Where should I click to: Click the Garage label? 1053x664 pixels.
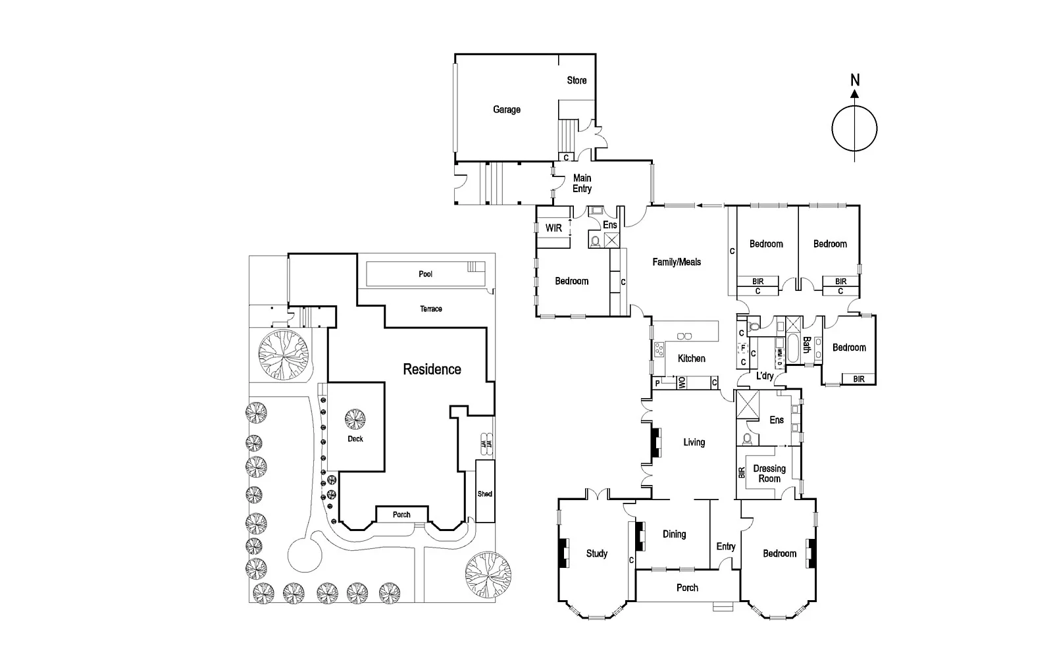[506, 110]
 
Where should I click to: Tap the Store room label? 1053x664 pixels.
[577, 80]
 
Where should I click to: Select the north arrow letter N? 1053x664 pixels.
[854, 80]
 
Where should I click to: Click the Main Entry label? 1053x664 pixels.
[582, 184]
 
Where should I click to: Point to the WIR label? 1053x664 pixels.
[553, 228]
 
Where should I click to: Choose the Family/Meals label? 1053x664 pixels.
[677, 262]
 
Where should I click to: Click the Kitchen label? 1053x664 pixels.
[691, 359]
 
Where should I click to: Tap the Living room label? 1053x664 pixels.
[694, 442]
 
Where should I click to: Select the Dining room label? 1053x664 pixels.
[674, 534]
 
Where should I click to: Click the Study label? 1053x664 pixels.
[596, 553]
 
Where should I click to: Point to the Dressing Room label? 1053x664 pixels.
[769, 474]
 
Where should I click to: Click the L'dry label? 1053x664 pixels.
[765, 376]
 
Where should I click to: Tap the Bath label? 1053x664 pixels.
[806, 345]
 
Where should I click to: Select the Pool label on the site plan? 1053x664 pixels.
[425, 274]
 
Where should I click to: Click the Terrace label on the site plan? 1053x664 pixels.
[431, 309]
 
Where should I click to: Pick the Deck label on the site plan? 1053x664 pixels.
[355, 439]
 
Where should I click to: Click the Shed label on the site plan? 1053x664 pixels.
[484, 494]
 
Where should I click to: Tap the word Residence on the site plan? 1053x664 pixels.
[432, 369]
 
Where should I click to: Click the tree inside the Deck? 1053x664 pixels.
[355, 419]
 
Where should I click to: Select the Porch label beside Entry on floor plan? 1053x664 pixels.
[687, 588]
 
